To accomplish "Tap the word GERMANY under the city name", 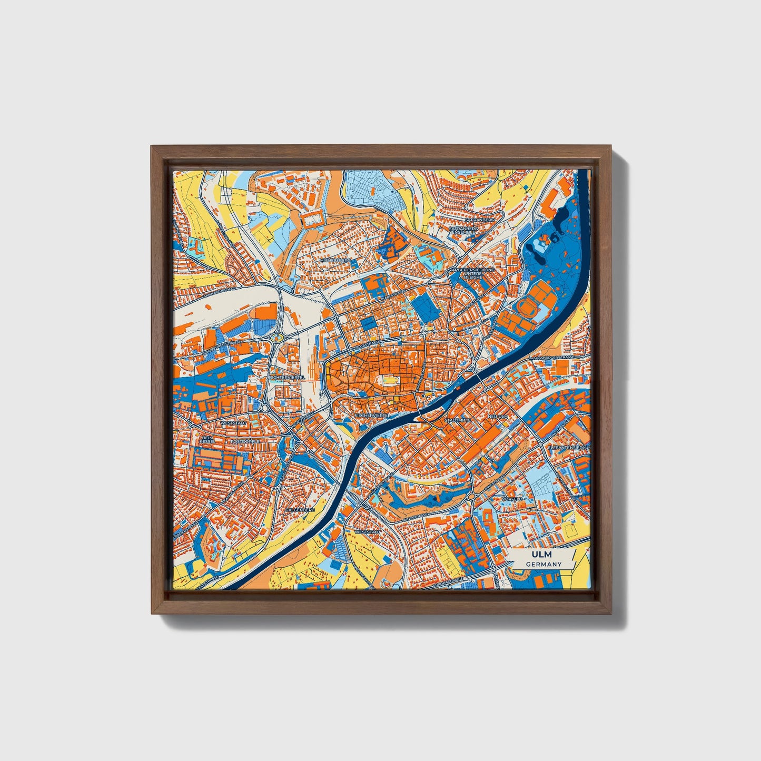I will pyautogui.click(x=543, y=564).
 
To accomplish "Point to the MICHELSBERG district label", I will pyautogui.click(x=334, y=260).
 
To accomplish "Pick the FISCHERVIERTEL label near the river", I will pyautogui.click(x=372, y=416).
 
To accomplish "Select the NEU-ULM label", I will pyautogui.click(x=498, y=417).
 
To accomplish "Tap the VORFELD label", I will pyautogui.click(x=512, y=498).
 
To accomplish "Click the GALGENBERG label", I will pyautogui.click(x=300, y=510).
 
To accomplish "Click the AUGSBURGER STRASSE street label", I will pyautogui.click(x=553, y=358).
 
